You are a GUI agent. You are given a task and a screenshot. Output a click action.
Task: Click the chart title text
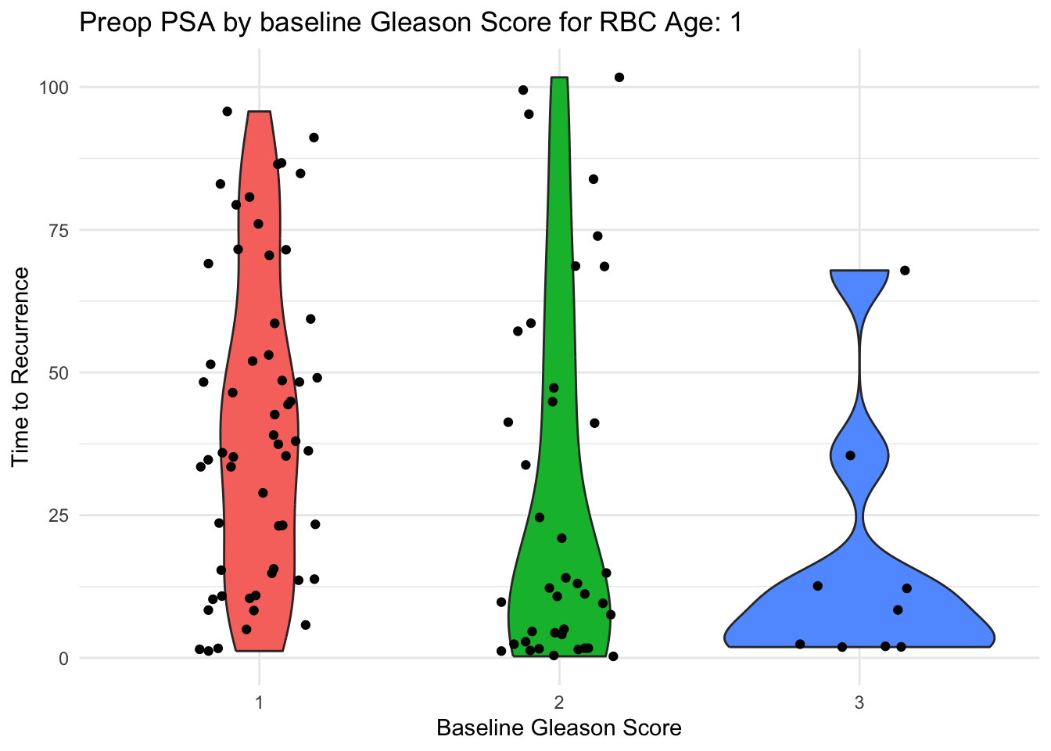coord(411,23)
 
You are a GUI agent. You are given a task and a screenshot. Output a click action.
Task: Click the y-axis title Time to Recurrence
coord(21,366)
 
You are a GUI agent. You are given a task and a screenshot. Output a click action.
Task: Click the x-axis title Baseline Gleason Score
coord(558,728)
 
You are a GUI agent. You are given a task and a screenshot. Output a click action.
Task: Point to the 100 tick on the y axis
coord(55,87)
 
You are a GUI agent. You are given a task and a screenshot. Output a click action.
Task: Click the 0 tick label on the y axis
coord(64,658)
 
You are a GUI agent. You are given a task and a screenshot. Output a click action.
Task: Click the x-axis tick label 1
coord(259,702)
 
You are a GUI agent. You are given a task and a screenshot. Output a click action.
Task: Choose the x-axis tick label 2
coord(559,702)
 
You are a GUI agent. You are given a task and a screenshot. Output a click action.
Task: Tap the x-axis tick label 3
coord(859,702)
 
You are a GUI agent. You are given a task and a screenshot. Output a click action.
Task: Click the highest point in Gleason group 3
coord(905,271)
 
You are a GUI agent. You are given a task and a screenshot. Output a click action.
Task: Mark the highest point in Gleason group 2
coord(619,77)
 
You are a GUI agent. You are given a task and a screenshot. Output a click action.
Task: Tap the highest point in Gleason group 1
coord(228,111)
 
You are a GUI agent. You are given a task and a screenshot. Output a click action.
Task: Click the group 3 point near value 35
coord(851,455)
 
